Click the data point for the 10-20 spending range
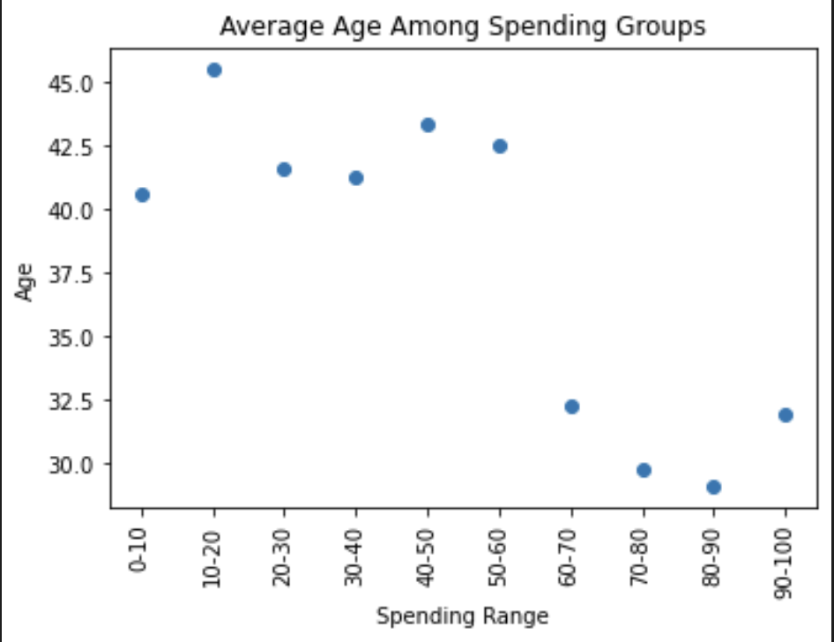[213, 70]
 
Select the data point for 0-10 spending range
[142, 194]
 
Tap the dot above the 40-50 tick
[428, 124]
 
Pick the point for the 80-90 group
[714, 487]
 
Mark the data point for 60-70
[571, 407]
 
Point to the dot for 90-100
[786, 414]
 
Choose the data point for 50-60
[500, 146]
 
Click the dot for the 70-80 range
[644, 470]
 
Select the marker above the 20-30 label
[284, 169]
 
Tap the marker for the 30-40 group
[356, 177]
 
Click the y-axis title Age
[26, 281]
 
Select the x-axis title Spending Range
[462, 616]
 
